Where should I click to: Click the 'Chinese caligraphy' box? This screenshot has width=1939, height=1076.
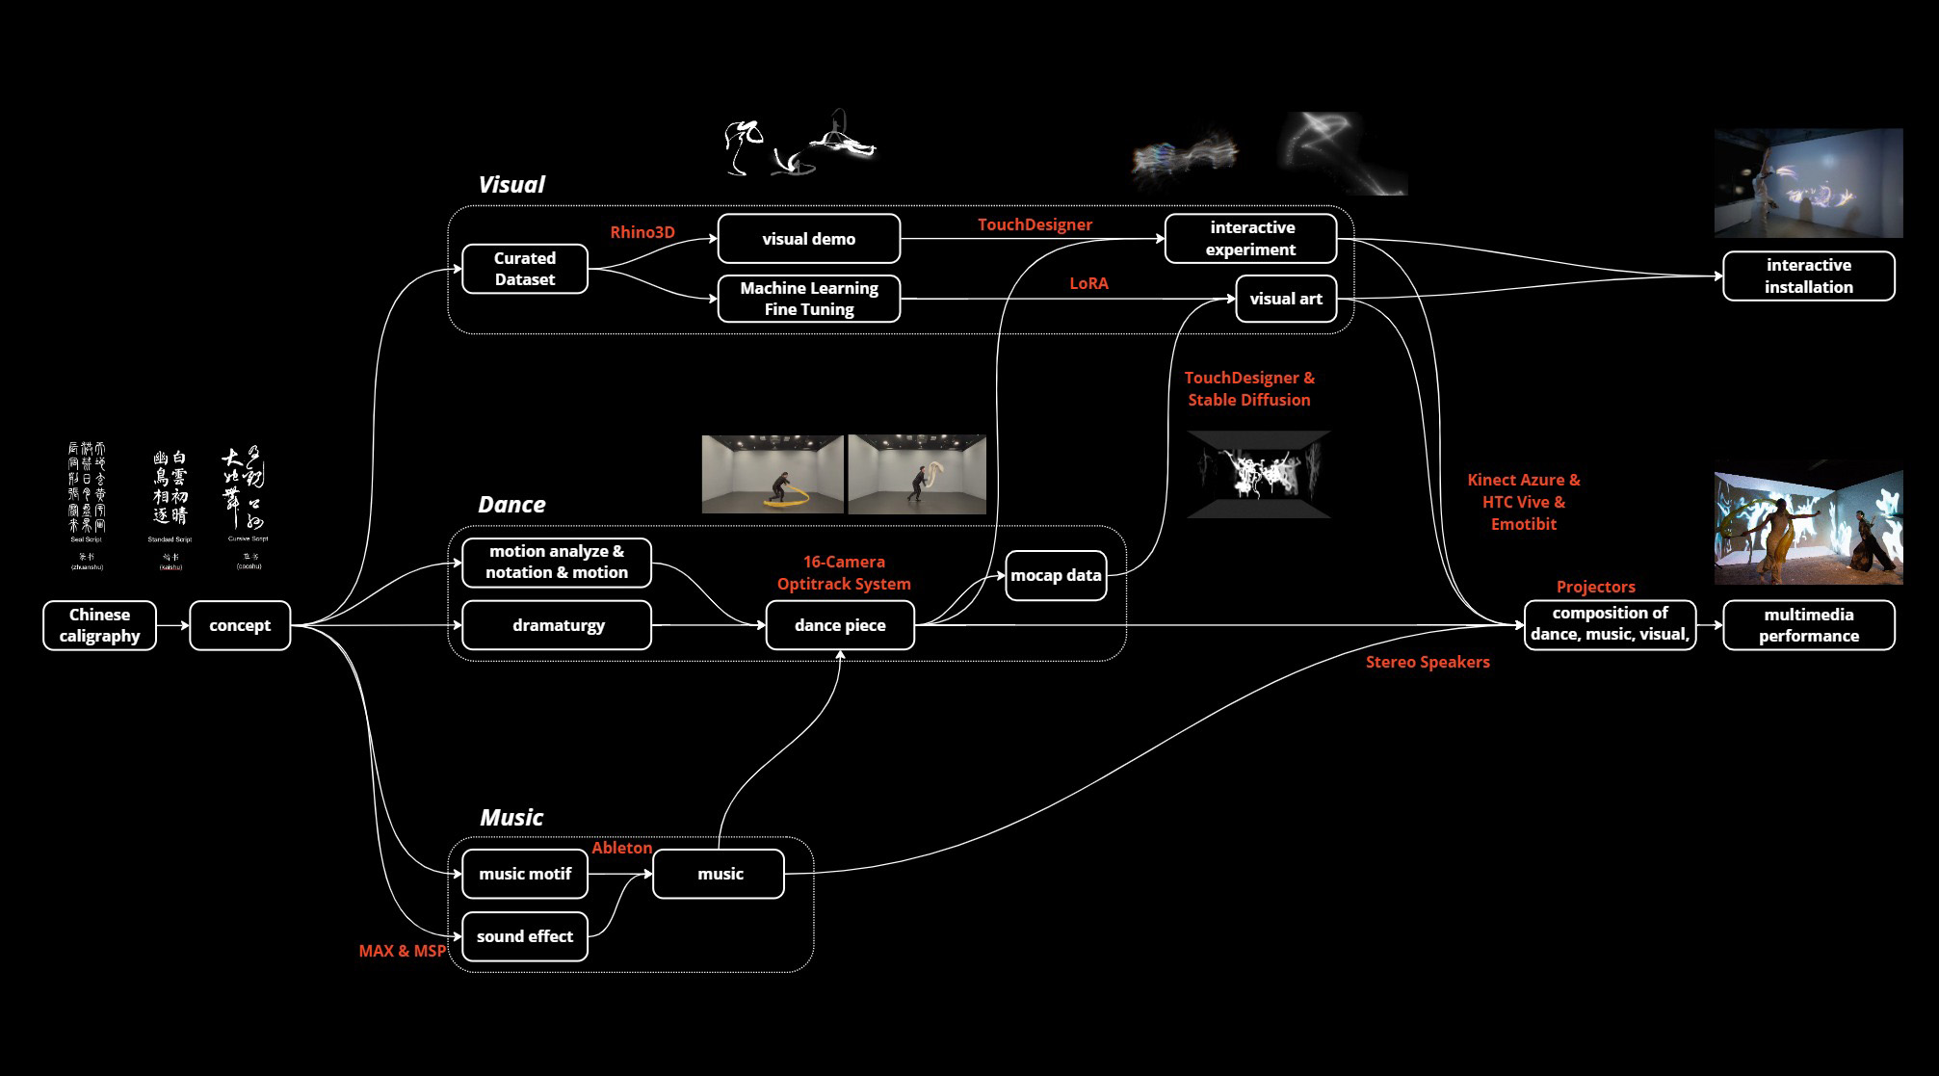pyautogui.click(x=99, y=625)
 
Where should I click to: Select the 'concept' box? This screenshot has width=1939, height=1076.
pyautogui.click(x=240, y=625)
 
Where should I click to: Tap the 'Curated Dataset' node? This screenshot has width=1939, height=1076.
pyautogui.click(x=525, y=269)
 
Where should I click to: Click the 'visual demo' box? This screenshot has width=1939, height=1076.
pyautogui.click(x=809, y=239)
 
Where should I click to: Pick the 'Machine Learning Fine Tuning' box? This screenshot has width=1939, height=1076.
pyautogui.click(x=809, y=299)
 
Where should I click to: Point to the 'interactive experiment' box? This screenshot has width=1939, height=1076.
pyautogui.click(x=1251, y=239)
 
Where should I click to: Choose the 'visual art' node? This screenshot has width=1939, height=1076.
pyautogui.click(x=1286, y=299)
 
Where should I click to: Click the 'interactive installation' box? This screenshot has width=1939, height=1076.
pyautogui.click(x=1808, y=276)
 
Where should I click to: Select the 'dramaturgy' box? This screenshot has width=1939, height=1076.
pyautogui.click(x=558, y=625)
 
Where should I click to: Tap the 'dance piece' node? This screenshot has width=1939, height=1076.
pyautogui.click(x=840, y=625)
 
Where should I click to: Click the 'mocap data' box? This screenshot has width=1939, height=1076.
pyautogui.click(x=1056, y=575)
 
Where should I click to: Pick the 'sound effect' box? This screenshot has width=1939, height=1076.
pyautogui.click(x=525, y=936)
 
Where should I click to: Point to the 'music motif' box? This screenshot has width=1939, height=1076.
pyautogui.click(x=525, y=874)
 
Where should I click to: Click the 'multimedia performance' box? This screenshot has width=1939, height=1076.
pyautogui.click(x=1808, y=625)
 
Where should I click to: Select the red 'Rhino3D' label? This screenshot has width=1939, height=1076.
pyautogui.click(x=642, y=232)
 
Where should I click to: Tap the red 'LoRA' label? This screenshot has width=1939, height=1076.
pyautogui.click(x=1088, y=283)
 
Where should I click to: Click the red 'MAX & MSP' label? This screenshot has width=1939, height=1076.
pyautogui.click(x=403, y=951)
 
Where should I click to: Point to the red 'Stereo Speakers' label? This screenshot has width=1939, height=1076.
pyautogui.click(x=1428, y=662)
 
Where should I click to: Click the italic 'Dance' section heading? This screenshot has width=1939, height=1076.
pyautogui.click(x=511, y=505)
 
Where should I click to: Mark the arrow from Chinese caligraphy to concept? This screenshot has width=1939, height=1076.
pyautogui.click(x=172, y=625)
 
